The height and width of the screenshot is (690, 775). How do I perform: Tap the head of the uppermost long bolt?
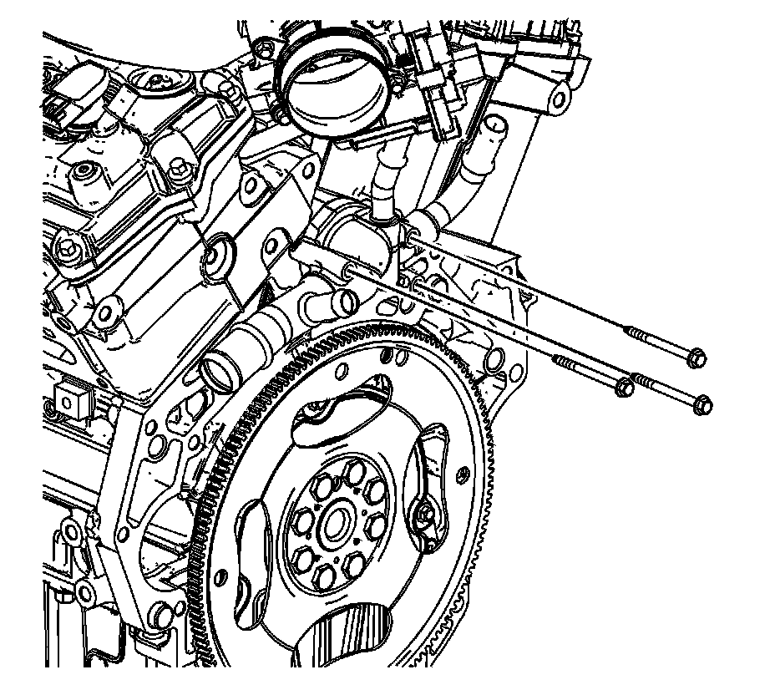[x=698, y=358]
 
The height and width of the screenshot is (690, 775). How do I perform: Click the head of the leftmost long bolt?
[x=622, y=388]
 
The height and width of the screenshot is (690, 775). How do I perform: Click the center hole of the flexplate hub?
[x=337, y=525]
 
